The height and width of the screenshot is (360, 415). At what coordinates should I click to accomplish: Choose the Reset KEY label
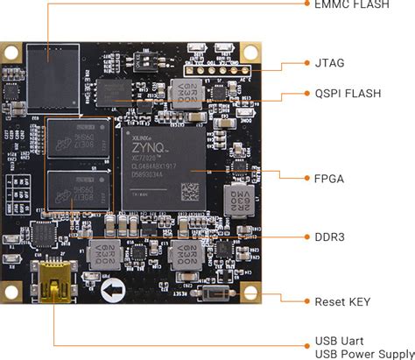342,302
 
